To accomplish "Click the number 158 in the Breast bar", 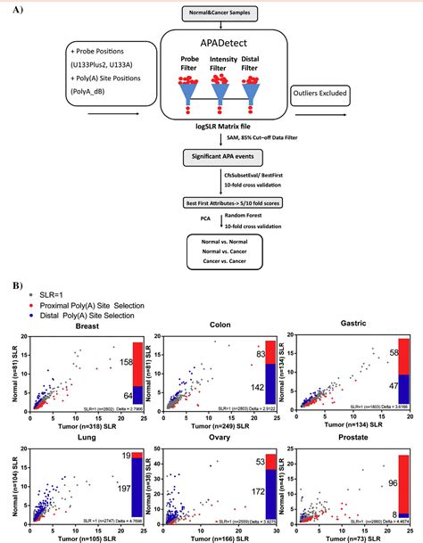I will click(125, 362).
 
